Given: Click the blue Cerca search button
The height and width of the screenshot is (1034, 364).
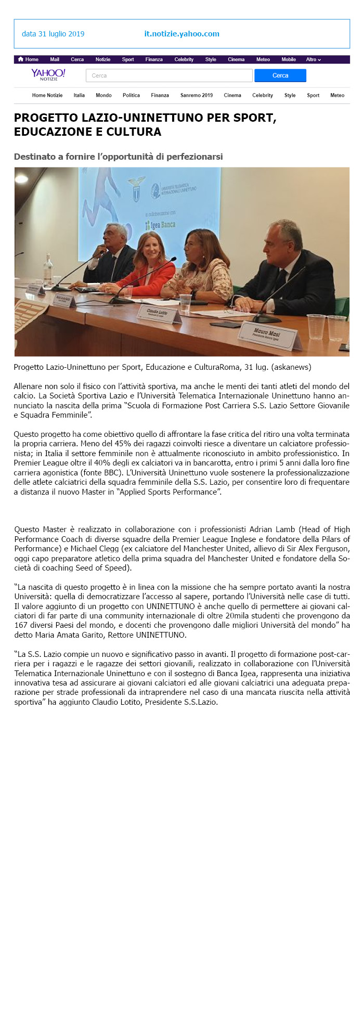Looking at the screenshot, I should click(280, 75).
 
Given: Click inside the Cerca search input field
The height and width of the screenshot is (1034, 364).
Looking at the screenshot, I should click(169, 75).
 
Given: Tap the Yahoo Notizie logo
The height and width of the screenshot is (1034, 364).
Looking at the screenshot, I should click(48, 74).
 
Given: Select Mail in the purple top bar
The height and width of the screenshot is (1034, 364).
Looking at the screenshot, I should click(55, 59).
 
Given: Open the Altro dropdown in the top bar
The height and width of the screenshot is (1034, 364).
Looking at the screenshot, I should click(313, 59).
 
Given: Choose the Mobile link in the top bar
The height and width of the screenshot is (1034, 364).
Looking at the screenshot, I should click(289, 59).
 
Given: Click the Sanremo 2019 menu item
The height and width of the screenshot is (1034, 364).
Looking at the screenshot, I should click(197, 95).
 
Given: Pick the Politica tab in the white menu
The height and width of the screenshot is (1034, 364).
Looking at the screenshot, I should click(131, 95).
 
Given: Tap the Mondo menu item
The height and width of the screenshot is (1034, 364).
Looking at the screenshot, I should click(103, 95).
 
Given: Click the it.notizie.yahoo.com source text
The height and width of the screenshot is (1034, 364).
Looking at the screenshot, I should click(181, 34).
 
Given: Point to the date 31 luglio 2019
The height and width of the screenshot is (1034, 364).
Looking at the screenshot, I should click(53, 34).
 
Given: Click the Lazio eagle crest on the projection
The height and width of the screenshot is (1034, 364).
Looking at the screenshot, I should click(136, 189).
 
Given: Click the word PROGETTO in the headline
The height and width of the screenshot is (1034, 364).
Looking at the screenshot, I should click(46, 118).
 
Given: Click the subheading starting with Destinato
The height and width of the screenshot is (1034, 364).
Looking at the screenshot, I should click(118, 157).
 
